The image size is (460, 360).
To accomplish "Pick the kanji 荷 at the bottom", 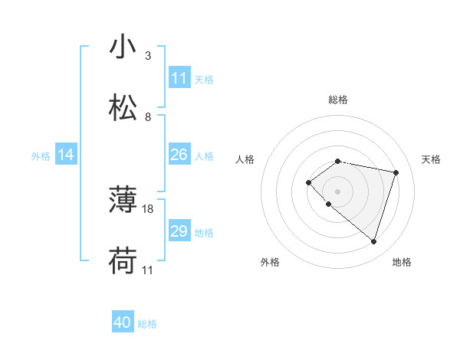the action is pos(123,261).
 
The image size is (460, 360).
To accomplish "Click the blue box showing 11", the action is pos(179,78).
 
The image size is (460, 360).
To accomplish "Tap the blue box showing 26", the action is pos(179,155).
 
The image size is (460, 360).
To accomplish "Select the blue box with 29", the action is pos(179,231).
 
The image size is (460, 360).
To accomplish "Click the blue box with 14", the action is pos(66,155).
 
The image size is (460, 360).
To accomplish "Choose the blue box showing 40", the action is pos(123,323).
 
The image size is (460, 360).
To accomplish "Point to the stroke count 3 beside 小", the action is pos(148,56).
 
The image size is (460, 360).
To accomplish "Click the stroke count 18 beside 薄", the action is pos(149,208).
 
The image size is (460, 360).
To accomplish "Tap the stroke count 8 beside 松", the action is pos(148,116).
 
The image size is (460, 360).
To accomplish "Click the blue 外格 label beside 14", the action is pos(41,155).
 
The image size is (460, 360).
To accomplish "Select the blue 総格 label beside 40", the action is pos(147,324).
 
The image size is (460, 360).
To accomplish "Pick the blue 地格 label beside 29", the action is pos(204,232).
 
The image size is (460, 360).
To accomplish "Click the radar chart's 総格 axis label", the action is pos(338,100).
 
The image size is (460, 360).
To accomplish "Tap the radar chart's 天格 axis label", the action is pos(431,159).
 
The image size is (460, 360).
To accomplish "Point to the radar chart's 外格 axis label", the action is pos(270,262).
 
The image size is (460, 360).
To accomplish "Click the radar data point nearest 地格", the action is pos(373,241).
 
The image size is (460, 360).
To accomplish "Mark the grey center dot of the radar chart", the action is pos(337,191).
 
